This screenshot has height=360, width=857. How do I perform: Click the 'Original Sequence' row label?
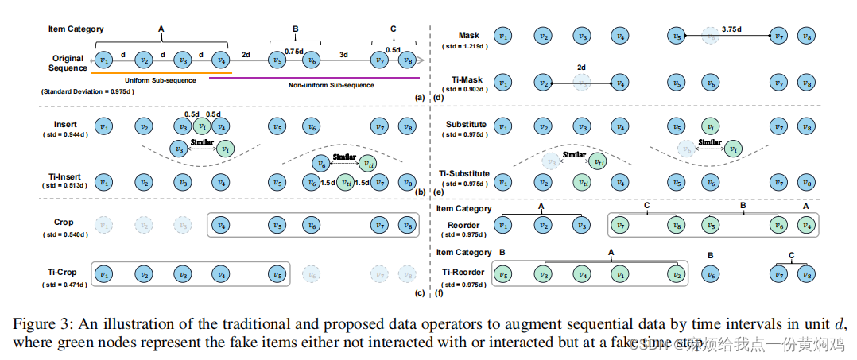[x=68, y=63]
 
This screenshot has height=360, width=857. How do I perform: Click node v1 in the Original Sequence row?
[x=104, y=60]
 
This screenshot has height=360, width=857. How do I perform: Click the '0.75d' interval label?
[x=294, y=52]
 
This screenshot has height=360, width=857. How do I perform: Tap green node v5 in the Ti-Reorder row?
[x=502, y=274]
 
